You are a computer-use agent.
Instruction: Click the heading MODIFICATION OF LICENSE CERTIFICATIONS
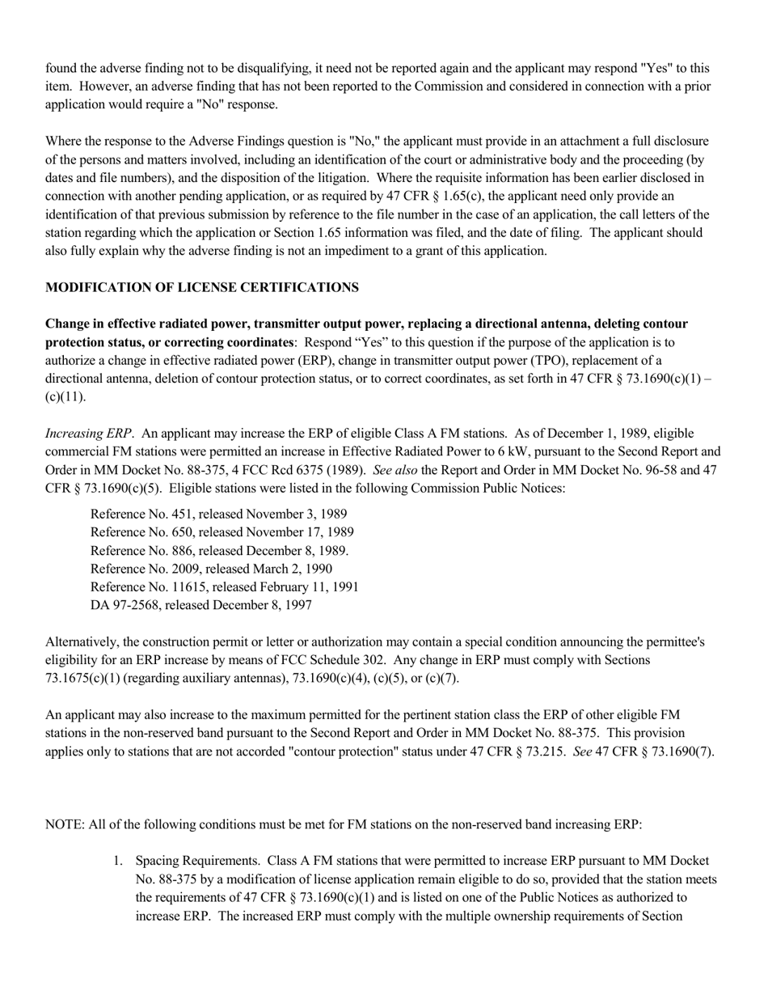pos(202,287)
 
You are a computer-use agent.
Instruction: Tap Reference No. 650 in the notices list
pos(222,532)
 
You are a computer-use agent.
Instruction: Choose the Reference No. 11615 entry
pos(224,586)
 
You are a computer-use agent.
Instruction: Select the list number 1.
pos(118,861)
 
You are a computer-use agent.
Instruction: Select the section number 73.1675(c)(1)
pos(90,678)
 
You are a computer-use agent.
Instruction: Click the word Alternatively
pos(83,641)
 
